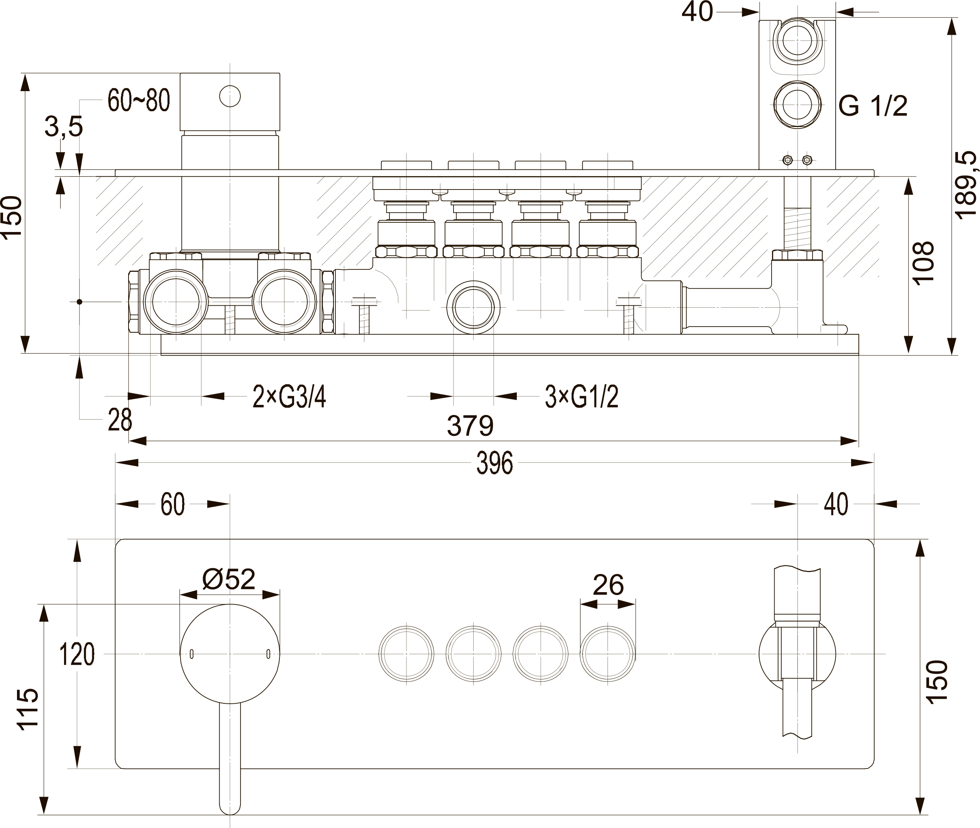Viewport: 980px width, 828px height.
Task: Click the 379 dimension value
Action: [x=470, y=426]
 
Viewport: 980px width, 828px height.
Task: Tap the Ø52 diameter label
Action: [x=228, y=579]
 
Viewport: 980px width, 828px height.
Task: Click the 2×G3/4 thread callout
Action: [x=289, y=397]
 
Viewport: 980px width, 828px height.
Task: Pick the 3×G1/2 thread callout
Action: [x=582, y=397]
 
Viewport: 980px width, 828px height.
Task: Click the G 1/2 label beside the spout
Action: [x=873, y=106]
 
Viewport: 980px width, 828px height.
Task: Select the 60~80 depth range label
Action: [x=139, y=100]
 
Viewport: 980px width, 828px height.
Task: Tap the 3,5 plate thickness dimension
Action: [x=64, y=127]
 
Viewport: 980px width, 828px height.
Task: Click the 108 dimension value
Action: [x=924, y=263]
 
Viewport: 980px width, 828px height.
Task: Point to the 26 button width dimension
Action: [x=608, y=585]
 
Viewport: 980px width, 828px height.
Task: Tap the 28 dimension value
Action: [x=120, y=420]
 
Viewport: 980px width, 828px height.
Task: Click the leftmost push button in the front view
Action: [x=406, y=654]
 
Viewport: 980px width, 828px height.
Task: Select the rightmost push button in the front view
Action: [x=608, y=654]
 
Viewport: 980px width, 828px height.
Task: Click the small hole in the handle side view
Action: [x=230, y=96]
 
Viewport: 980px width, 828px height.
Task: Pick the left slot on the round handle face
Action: [x=191, y=654]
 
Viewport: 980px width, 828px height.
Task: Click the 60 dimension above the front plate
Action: [x=173, y=504]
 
